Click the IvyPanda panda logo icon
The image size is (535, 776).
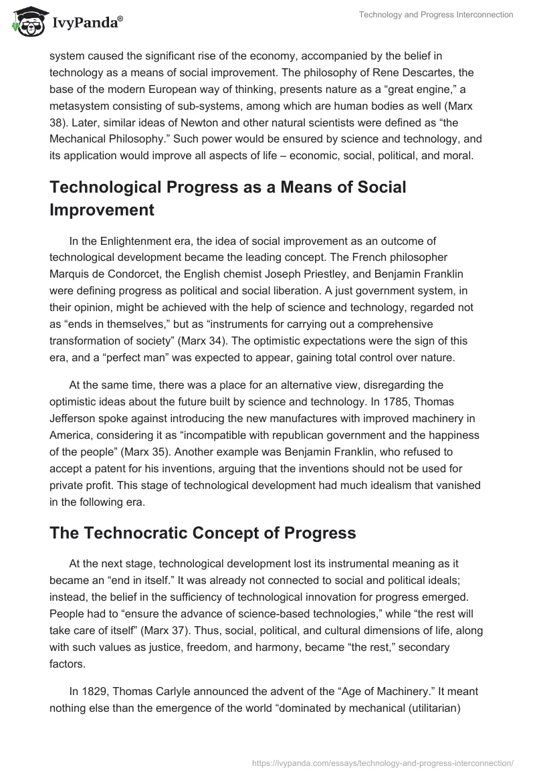pos(25,23)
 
